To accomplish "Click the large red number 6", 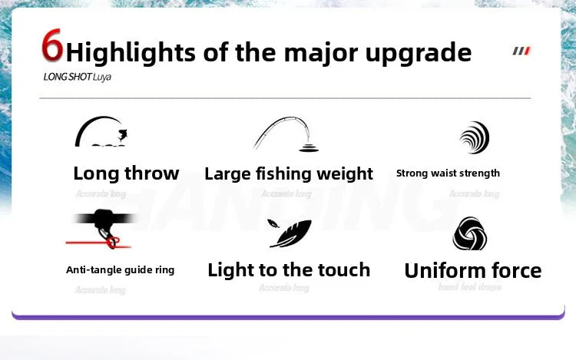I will [51, 48].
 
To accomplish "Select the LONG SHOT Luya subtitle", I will [78, 78].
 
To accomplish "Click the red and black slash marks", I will [521, 51].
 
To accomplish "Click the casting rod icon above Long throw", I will [101, 132].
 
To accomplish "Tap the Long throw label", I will [126, 173].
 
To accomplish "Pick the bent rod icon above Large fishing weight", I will [286, 135].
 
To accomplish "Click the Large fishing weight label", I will [289, 174].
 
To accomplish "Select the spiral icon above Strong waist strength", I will [474, 137].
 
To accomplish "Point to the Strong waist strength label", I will [448, 173].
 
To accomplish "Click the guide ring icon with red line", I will [104, 227].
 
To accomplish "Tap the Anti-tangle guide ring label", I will [120, 269].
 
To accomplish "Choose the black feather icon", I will [290, 233].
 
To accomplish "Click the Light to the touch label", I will [289, 269].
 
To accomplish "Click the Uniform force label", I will [472, 270].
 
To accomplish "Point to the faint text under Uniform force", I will [469, 288].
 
